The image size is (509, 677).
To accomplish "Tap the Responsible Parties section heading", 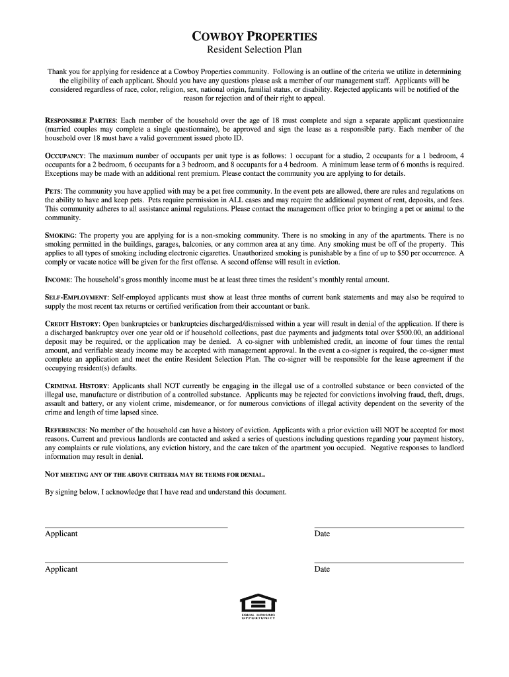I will (80, 120).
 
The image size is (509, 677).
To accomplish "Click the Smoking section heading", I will (60, 235).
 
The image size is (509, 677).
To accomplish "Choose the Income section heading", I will (58, 280).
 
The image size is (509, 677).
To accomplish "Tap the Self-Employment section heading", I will (77, 298).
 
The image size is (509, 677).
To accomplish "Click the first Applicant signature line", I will (136, 527).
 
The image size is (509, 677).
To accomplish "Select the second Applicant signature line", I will (136, 562).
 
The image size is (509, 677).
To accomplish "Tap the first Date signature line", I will (389, 527).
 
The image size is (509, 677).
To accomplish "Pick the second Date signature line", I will (389, 562).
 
